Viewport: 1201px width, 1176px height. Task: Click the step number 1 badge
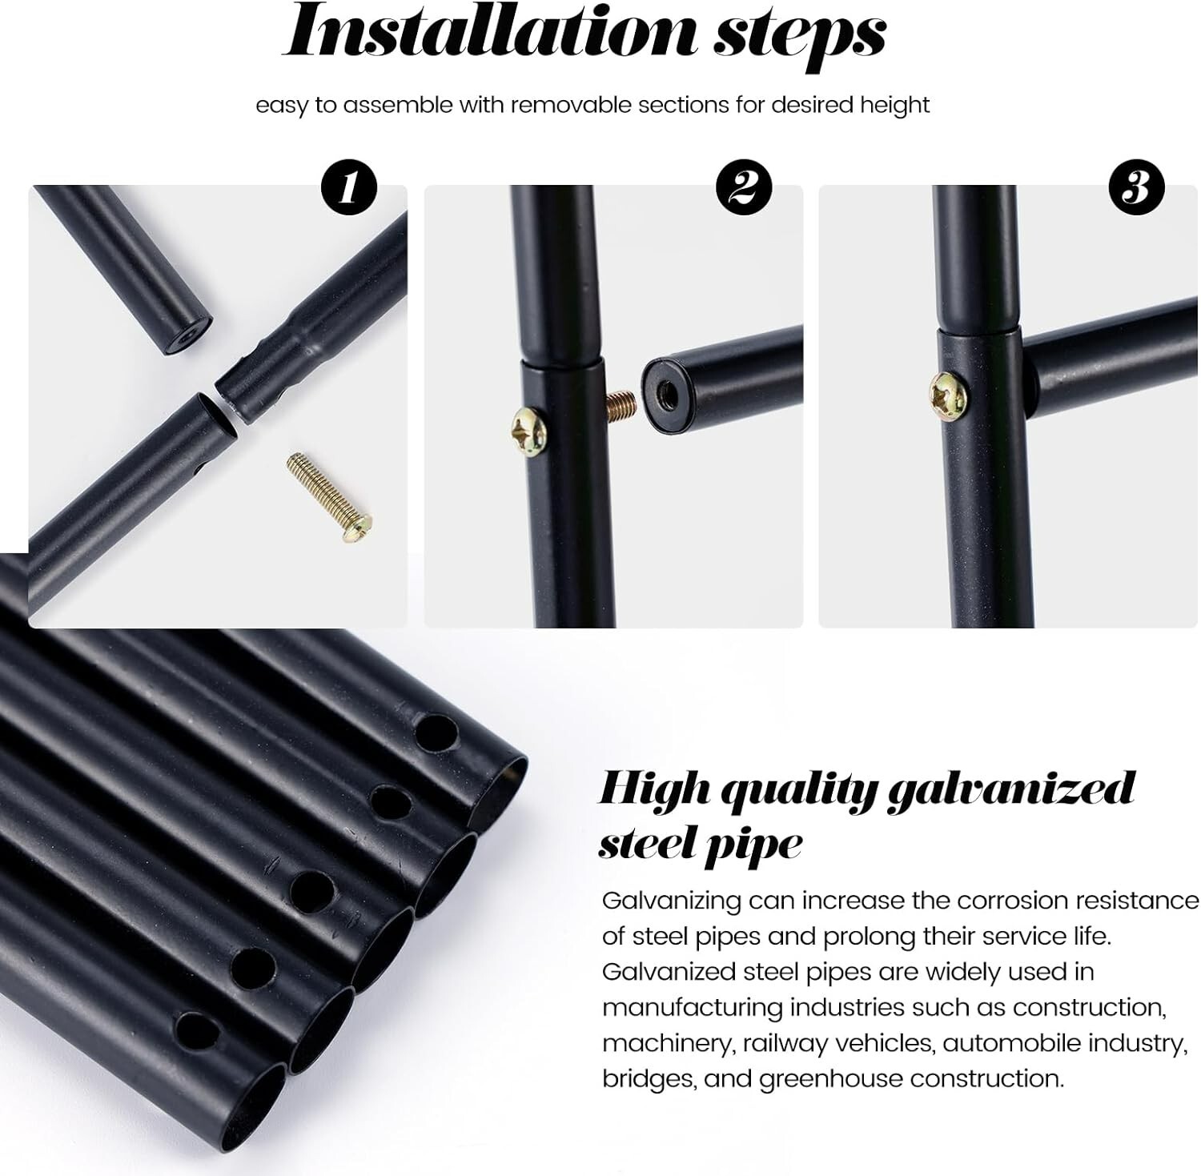coord(348,189)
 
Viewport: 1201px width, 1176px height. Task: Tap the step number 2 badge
coord(744,189)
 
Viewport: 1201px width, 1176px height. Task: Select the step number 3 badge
coord(1136,189)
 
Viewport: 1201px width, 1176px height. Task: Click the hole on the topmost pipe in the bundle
coord(436,732)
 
